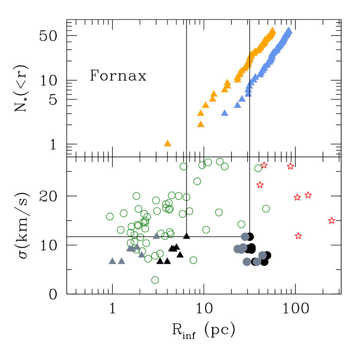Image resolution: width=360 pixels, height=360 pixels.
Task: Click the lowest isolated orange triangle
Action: pos(168,143)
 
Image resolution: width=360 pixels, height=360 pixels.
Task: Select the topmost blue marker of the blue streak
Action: pos(288,31)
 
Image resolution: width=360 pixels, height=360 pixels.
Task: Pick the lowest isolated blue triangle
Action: pos(225,113)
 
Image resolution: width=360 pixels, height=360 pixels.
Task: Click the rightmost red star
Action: pos(332,220)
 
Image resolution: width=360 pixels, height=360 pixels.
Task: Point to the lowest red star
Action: pos(298,236)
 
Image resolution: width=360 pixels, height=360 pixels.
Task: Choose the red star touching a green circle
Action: pos(264,165)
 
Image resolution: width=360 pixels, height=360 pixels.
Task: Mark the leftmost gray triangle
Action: pos(112,261)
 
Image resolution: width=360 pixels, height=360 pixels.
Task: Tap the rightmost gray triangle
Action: pos(156,236)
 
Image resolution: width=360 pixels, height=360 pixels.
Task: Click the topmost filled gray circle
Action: pos(245,236)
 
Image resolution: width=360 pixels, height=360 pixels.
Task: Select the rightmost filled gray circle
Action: pos(262,255)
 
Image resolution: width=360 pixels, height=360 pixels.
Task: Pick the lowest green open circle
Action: pos(155,280)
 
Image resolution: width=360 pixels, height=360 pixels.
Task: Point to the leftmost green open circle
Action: pos(110,216)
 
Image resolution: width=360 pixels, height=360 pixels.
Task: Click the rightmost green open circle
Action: pos(266,209)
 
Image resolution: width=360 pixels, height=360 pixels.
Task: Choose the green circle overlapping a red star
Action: pos(258,168)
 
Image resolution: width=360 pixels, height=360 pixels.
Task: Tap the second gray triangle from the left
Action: pos(121,261)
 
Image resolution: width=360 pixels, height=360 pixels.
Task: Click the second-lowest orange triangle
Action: pos(201,124)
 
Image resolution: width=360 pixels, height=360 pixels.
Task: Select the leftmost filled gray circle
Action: pos(237,249)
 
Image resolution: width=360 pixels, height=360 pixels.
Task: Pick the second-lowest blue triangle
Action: pos(238,105)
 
